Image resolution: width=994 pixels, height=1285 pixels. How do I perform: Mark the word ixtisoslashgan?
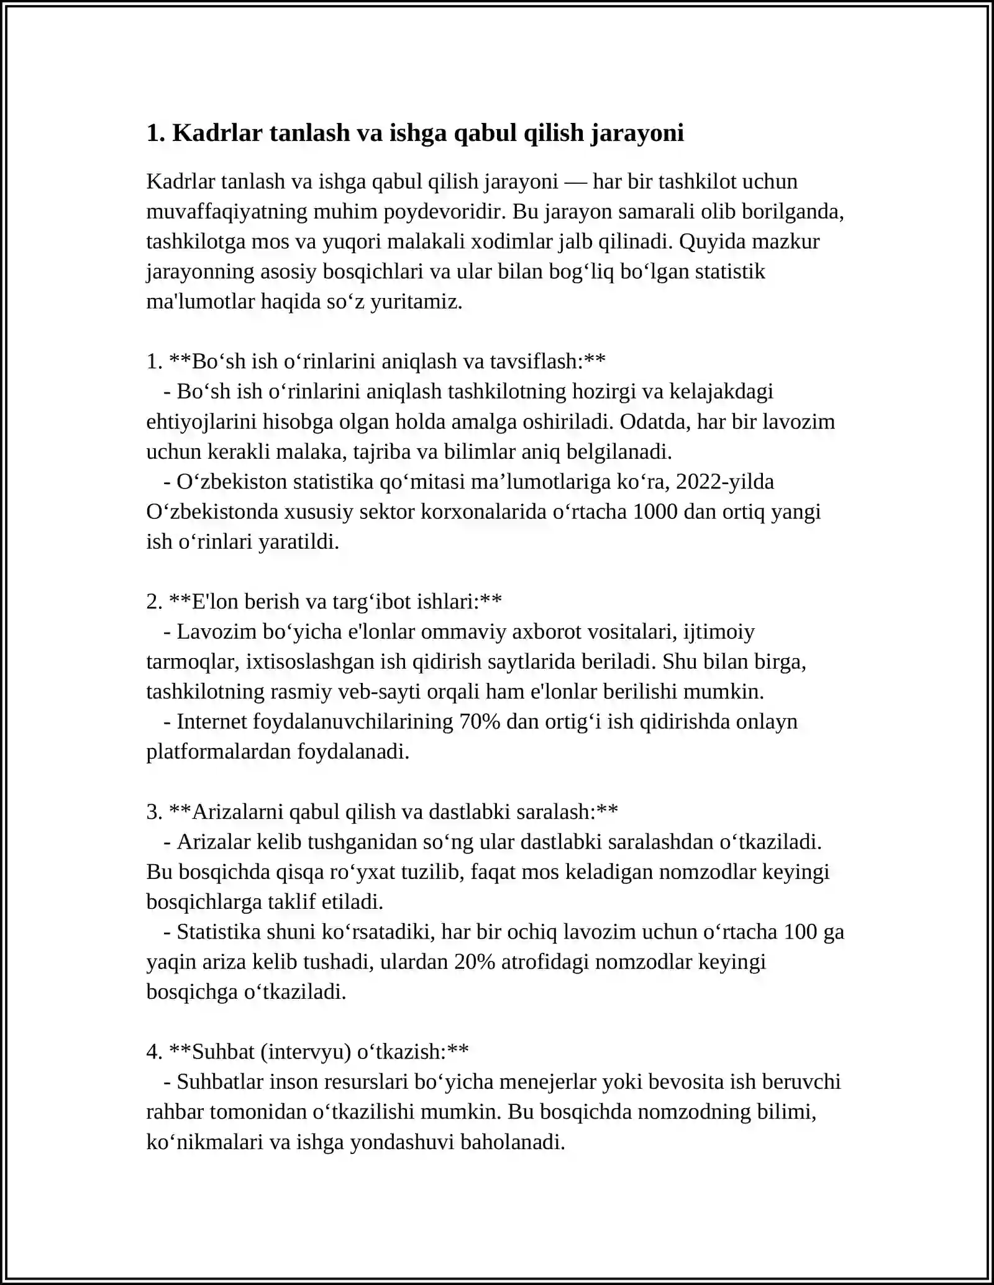[x=311, y=662]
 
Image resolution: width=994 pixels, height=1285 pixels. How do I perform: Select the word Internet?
[x=211, y=722]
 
